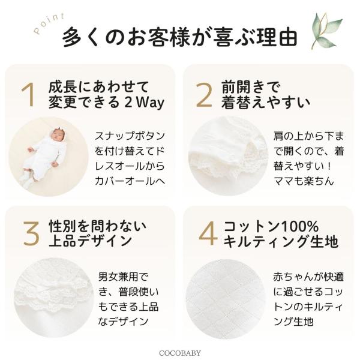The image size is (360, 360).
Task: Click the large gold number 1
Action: point(28,95)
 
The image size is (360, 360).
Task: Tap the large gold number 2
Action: point(204,95)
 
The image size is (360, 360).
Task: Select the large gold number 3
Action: point(31,234)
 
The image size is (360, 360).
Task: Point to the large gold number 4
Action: point(208,234)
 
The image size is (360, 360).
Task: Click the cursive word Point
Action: point(49,23)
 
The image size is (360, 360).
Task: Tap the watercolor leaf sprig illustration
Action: point(326,30)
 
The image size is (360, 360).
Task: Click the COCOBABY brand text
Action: point(180,353)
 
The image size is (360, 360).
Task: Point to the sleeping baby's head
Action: point(58,134)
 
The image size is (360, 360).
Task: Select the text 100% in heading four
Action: point(300,226)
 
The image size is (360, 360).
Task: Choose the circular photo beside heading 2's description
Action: point(229,156)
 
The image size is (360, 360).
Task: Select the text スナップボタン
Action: point(130,136)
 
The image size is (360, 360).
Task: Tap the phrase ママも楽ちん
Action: point(304,181)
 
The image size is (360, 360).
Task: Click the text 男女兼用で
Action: point(123,277)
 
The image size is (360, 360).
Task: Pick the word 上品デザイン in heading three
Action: point(90,241)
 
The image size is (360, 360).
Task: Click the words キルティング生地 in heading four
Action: point(281,241)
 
